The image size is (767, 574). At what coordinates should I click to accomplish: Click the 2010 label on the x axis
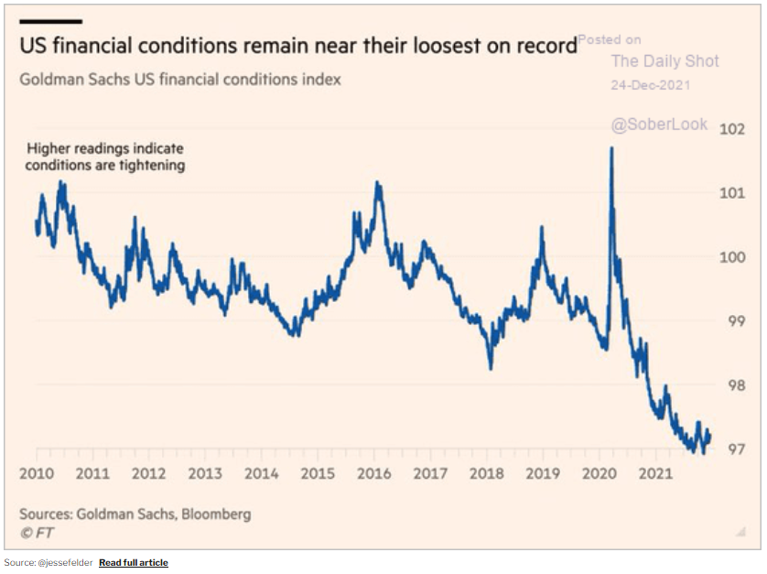[x=36, y=474]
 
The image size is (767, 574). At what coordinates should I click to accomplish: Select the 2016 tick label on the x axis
[x=373, y=474]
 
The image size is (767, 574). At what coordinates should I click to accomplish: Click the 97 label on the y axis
[x=733, y=449]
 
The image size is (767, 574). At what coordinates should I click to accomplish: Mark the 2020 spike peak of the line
[x=610, y=148]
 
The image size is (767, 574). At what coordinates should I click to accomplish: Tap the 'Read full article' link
[x=134, y=562]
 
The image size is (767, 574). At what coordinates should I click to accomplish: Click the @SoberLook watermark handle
[x=659, y=124]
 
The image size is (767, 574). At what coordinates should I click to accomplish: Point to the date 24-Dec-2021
[x=650, y=85]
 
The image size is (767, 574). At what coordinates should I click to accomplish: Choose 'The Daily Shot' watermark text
[x=664, y=61]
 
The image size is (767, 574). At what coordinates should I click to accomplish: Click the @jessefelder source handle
[x=65, y=562]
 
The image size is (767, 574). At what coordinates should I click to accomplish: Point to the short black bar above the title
[x=50, y=21]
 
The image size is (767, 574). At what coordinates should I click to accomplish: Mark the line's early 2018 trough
[x=491, y=368]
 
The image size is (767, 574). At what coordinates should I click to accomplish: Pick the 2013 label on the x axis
[x=205, y=474]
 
